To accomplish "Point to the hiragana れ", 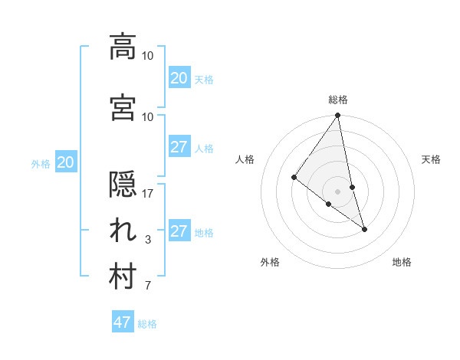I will click(x=123, y=232).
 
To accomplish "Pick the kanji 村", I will click(x=123, y=278).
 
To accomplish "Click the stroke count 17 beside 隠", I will click(x=148, y=194).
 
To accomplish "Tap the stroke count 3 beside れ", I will click(x=148, y=240).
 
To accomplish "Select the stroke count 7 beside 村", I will click(x=148, y=286).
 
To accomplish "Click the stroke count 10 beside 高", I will click(x=148, y=55).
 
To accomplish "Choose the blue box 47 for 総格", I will click(x=123, y=322).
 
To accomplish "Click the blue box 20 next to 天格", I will click(x=179, y=78).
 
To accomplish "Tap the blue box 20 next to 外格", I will click(x=66, y=162).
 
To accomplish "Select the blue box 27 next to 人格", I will click(x=179, y=147).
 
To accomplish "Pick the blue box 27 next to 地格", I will click(x=179, y=231).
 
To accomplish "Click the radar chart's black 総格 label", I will click(x=338, y=100).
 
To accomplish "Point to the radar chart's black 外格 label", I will click(x=270, y=262).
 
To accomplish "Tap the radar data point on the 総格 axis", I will click(x=338, y=116).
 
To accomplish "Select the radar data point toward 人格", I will click(x=294, y=178).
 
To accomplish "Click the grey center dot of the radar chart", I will click(x=338, y=191).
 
